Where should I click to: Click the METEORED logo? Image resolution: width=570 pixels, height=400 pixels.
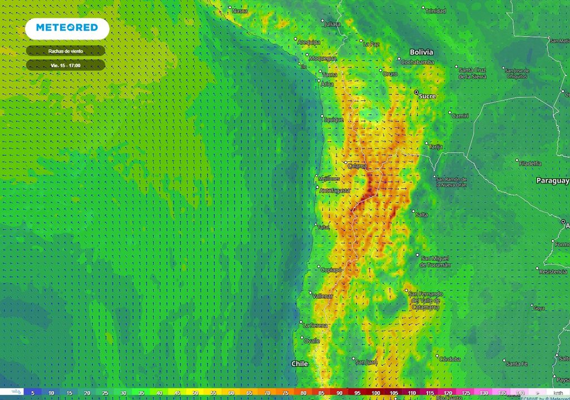point(67,28)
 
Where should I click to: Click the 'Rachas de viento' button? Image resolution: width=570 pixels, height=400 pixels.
point(66,51)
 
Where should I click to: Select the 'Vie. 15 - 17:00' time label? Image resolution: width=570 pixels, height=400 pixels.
point(65,65)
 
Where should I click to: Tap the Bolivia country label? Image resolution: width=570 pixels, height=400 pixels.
point(421,52)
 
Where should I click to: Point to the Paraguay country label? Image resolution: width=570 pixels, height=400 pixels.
point(552,181)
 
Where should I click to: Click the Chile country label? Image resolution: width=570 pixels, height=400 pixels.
point(299,364)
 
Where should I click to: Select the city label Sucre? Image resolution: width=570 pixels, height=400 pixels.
point(427,96)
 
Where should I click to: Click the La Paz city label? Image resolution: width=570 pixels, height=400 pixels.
point(371,44)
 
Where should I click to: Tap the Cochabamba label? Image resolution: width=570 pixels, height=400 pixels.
point(417,62)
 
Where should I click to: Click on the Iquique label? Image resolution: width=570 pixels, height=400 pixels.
point(334,119)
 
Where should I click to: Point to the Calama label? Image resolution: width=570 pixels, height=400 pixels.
point(357,166)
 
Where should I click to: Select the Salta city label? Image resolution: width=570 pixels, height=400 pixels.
point(421,214)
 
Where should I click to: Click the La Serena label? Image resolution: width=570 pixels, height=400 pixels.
point(316,325)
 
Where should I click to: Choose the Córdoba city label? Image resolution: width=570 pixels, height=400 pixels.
point(449,359)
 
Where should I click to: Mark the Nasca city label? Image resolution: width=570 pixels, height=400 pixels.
point(239,11)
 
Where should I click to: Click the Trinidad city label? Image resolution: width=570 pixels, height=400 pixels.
point(435,11)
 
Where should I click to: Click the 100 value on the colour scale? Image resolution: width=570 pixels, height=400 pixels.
point(376,393)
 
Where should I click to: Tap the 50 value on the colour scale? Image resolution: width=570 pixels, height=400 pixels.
point(195,393)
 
